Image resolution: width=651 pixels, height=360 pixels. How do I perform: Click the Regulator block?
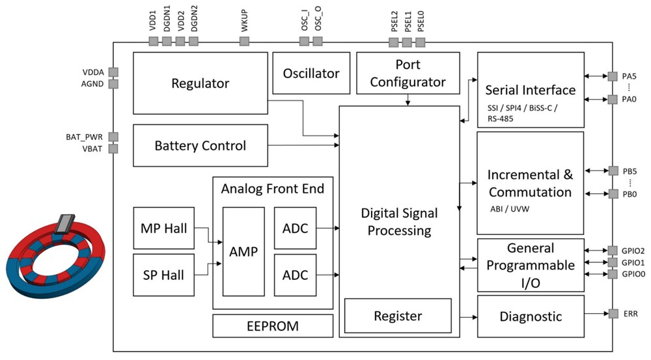pyautogui.click(x=200, y=83)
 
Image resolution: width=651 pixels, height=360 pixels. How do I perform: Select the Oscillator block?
pyautogui.click(x=311, y=74)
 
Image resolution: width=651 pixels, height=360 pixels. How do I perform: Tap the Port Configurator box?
pyautogui.click(x=408, y=74)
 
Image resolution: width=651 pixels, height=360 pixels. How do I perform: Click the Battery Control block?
pyautogui.click(x=200, y=145)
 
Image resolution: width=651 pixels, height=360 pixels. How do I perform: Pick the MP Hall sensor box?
pyautogui.click(x=163, y=228)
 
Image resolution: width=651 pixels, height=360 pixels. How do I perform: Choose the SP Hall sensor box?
pyautogui.click(x=163, y=275)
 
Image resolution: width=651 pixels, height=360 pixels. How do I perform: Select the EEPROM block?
pyautogui.click(x=273, y=325)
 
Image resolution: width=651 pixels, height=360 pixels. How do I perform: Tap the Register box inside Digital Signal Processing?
pyautogui.click(x=398, y=316)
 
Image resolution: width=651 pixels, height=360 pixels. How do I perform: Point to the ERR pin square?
pyautogui.click(x=613, y=314)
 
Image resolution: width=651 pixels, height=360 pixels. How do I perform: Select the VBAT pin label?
pyautogui.click(x=94, y=149)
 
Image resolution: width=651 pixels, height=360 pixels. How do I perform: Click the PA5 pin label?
pyautogui.click(x=629, y=76)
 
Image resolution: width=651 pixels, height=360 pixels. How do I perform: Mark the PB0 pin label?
pyautogui.click(x=629, y=194)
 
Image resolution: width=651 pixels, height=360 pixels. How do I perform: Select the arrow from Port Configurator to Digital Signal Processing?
pyautogui.click(x=408, y=100)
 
